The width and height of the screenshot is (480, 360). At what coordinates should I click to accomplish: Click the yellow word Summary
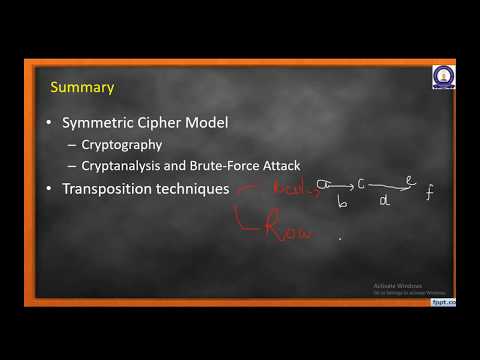click(82, 87)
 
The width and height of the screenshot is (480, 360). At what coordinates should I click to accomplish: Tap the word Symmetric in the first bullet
click(99, 123)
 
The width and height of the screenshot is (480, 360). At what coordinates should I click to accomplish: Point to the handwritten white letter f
click(429, 194)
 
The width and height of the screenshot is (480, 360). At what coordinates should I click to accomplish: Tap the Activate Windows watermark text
click(388, 285)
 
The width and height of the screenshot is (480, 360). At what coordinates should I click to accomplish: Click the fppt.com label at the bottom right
click(443, 301)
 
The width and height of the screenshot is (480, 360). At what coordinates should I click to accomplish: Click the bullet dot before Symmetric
click(52, 124)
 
